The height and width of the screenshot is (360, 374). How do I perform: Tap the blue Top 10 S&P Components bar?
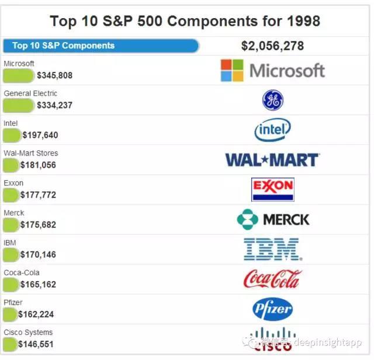pos(101,46)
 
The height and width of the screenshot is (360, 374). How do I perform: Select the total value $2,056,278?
pos(272,46)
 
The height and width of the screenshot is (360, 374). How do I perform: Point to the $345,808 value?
pos(54,75)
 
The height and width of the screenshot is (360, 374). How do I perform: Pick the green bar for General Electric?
pos(19,105)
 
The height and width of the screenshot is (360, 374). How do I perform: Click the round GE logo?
pos(272,101)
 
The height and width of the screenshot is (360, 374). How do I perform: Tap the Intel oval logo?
pos(272,130)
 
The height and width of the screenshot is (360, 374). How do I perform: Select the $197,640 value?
pos(40,135)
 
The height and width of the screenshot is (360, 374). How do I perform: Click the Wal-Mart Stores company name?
pos(31,153)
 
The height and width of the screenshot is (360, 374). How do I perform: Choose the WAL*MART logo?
pos(272,160)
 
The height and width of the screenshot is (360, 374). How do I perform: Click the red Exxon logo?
pos(272,189)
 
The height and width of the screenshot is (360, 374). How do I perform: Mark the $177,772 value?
pos(38,195)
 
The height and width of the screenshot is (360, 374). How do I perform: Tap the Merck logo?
pos(272,219)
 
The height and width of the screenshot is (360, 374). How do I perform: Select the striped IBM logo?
pos(272,249)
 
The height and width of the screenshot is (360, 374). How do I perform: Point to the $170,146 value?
pos(38,254)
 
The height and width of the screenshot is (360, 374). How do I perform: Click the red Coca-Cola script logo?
pos(272,279)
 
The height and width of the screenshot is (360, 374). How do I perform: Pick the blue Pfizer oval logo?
pos(272,309)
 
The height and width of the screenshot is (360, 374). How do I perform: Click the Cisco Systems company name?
pos(28,333)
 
